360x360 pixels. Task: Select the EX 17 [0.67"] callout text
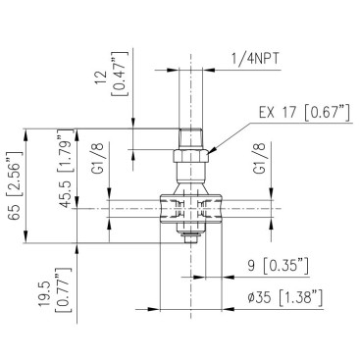coord(304,113)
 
